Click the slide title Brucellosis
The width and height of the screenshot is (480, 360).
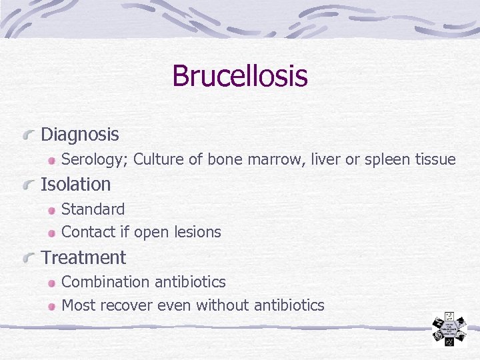pos(239,75)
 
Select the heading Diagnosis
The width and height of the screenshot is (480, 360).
pos(79,135)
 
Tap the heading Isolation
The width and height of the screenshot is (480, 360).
pos(75,184)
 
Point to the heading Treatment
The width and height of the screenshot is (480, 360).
pos(83,257)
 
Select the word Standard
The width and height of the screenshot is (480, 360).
pos(93,209)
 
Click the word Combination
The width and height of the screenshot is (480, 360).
pos(105,282)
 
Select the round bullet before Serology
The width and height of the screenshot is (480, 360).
pos(53,161)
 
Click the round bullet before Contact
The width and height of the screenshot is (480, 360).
pos(53,233)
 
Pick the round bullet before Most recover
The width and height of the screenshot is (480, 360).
pos(53,307)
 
